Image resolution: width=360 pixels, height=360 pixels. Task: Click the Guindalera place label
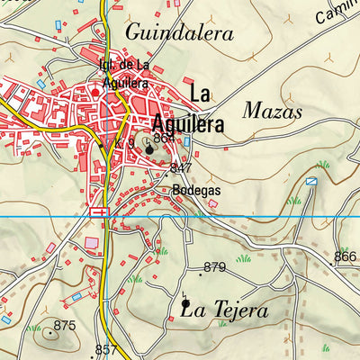point(179,33)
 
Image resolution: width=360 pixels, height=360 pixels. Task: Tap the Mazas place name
point(273,111)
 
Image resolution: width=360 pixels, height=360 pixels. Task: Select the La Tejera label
point(224,310)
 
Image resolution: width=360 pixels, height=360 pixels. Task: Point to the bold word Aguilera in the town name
point(186,124)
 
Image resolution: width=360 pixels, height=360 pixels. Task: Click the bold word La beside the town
point(200,92)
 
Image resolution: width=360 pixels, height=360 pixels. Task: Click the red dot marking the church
point(94,92)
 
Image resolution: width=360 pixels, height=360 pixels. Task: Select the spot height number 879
point(214,266)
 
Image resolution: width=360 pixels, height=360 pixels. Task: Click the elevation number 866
point(345,256)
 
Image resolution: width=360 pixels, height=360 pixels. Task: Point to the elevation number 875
point(64,325)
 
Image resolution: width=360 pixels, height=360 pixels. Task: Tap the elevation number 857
point(106,349)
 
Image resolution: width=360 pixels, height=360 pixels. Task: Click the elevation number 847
point(181,168)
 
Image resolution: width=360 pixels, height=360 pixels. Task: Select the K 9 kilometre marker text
point(124,142)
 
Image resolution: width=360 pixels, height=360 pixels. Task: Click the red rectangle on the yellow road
point(99,211)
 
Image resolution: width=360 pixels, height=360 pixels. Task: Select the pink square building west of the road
point(92,243)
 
